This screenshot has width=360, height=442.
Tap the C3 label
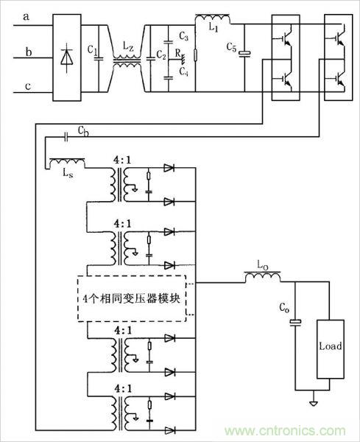pos(184,36)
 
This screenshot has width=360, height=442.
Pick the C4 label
pos(184,71)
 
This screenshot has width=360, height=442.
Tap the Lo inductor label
pos(261,264)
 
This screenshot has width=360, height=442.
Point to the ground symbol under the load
pos(314,404)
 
